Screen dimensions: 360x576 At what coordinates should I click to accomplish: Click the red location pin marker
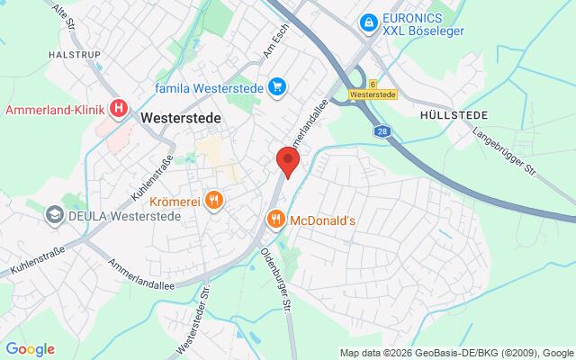coord(287,160)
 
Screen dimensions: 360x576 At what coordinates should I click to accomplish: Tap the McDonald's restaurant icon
coord(276,219)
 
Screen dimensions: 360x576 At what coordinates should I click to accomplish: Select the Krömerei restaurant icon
coord(213,199)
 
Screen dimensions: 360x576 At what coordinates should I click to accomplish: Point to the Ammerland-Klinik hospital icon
coord(119,109)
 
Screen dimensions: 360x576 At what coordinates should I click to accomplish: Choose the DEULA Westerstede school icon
coord(56,215)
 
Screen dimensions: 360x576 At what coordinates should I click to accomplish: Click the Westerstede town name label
coord(181,117)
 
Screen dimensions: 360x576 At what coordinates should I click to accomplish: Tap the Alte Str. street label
coord(65,18)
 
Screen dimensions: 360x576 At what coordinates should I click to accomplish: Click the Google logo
coord(30,349)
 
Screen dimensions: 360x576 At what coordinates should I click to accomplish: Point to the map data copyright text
coord(456,352)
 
